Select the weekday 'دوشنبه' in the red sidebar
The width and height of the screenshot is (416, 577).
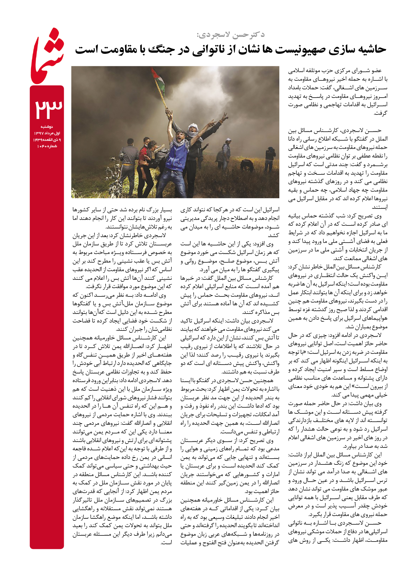(x=47, y=127)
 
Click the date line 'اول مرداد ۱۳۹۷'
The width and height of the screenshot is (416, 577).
(x=47, y=133)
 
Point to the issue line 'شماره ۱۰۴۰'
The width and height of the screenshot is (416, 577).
(x=47, y=146)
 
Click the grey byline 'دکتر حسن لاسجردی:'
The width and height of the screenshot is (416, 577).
(x=230, y=35)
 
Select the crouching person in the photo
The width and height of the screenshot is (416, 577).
(x=247, y=165)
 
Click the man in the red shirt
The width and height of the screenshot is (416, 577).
(x=144, y=157)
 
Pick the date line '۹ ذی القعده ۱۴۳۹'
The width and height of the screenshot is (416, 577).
(x=47, y=140)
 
